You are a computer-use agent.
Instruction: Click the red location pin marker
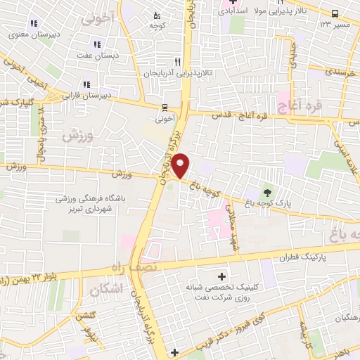[x=181, y=165]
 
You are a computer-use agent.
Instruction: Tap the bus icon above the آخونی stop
[x=164, y=108]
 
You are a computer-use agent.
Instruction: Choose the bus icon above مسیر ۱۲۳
[x=335, y=14]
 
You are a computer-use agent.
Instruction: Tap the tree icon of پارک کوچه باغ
[x=267, y=192]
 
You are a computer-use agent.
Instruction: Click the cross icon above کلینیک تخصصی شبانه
[x=224, y=276]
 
